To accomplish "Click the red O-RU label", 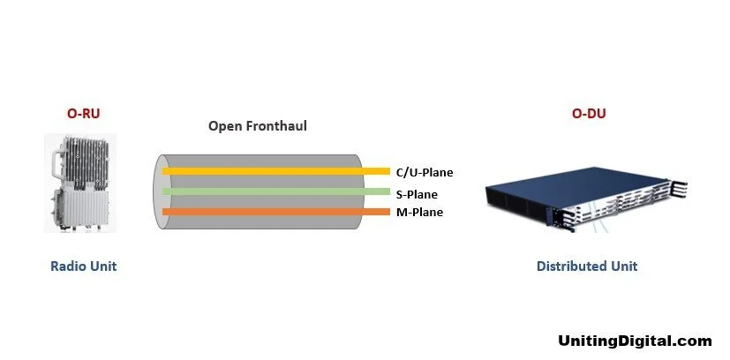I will [x=83, y=114].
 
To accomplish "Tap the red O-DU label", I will [x=590, y=114].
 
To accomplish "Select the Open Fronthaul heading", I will [x=258, y=126].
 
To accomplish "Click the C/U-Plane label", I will [x=425, y=173].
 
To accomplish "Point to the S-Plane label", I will [x=416, y=193].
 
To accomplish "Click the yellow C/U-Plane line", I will [x=274, y=171].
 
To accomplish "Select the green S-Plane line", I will [x=274, y=191].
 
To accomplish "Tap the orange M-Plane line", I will [x=274, y=212].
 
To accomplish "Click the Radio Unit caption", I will [x=83, y=266].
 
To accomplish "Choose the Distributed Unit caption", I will [x=587, y=266].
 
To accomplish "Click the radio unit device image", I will [x=81, y=183].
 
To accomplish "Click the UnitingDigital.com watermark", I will [x=635, y=341].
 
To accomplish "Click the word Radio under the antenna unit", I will [x=68, y=266].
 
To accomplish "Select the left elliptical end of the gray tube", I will [x=160, y=192].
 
